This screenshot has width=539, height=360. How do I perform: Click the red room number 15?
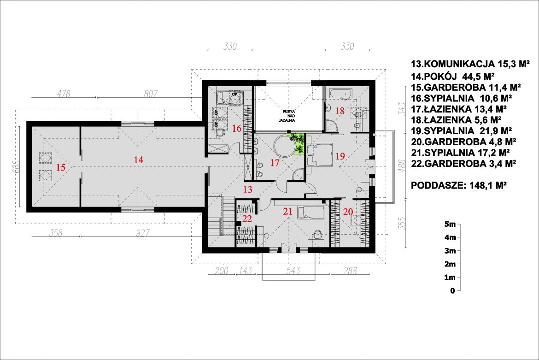pos(60,167)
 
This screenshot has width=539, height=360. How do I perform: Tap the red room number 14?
pos(139,160)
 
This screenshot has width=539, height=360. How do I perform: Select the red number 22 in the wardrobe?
pos(247,219)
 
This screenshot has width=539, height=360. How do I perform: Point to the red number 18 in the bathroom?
pos(340,111)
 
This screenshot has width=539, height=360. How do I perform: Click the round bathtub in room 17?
pos(285,146)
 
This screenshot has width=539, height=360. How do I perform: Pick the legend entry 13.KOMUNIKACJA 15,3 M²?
pos(470,64)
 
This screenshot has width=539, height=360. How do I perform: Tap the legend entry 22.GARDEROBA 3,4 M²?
pos(463,164)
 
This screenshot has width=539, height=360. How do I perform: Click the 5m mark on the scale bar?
pos(450,224)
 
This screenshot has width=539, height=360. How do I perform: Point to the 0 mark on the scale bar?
pos(452,291)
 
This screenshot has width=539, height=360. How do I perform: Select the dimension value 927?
pos(142,233)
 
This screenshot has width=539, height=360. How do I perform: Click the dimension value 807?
pos(151,94)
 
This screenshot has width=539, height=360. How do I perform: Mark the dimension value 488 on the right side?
pos(404,165)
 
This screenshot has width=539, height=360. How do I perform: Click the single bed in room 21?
pos(311,212)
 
